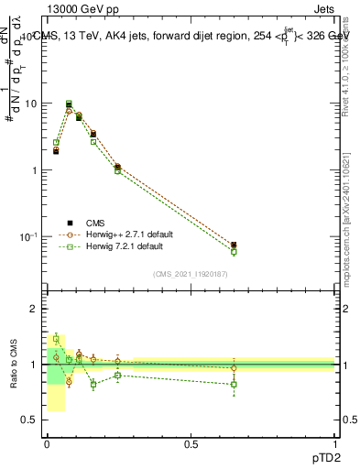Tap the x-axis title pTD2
tap(323, 456)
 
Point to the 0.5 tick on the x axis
tap(191, 443)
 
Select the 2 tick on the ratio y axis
tap(36, 309)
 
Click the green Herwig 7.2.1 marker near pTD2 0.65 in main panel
tap(234, 251)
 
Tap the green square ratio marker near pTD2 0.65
tap(234, 384)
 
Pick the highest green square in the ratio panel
tap(56, 339)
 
